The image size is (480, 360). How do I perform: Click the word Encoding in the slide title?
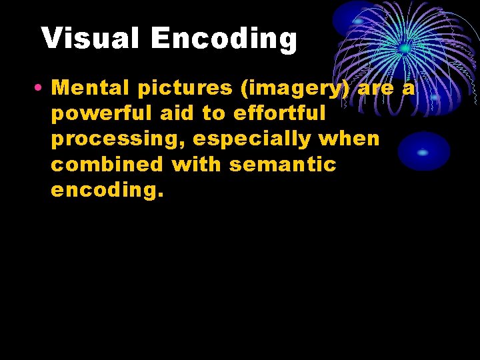(224, 39)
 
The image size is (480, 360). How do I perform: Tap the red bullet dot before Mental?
(42, 88)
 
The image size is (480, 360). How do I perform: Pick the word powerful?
(102, 113)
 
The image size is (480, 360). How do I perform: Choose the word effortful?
(279, 113)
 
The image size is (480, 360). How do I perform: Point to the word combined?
(107, 164)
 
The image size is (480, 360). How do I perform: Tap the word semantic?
(283, 164)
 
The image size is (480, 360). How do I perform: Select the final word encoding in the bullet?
(107, 190)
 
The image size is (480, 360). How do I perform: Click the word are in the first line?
(375, 87)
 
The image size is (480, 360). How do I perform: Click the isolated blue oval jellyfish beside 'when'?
(423, 151)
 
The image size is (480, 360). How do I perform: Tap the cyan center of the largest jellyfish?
(405, 48)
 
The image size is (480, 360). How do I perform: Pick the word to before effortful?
(214, 113)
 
